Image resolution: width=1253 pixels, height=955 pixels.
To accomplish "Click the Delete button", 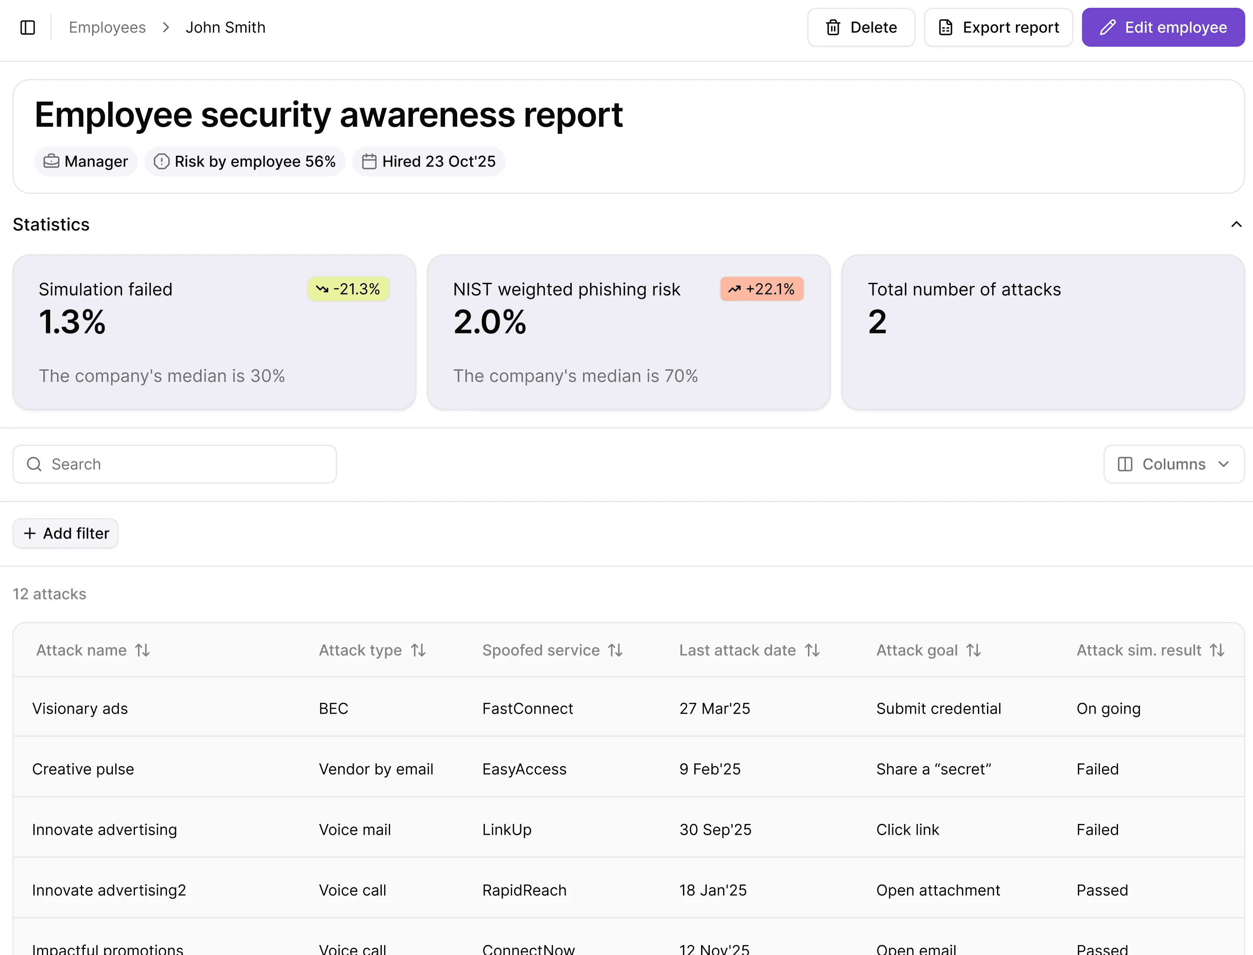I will pos(861,27).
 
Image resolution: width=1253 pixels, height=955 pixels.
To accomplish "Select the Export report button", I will pos(998,27).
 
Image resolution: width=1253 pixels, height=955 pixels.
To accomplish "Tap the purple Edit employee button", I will pos(1163,27).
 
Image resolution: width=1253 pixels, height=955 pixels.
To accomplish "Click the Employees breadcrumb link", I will pos(107,27).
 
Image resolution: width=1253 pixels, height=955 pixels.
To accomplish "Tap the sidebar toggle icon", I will pos(27,27).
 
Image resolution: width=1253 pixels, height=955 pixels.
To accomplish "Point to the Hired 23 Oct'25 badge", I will pos(429,161).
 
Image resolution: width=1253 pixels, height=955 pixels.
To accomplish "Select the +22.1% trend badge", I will pos(761,289).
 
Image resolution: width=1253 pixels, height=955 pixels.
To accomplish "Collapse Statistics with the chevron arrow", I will pos(1236,224).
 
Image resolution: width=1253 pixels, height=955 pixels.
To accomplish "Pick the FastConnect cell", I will pos(528,708).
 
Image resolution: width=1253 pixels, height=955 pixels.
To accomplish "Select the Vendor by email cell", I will pos(376,769).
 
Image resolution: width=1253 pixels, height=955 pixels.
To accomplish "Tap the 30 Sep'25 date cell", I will pos(715,830).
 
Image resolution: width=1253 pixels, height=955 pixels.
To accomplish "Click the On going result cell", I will pos(1108,708).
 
